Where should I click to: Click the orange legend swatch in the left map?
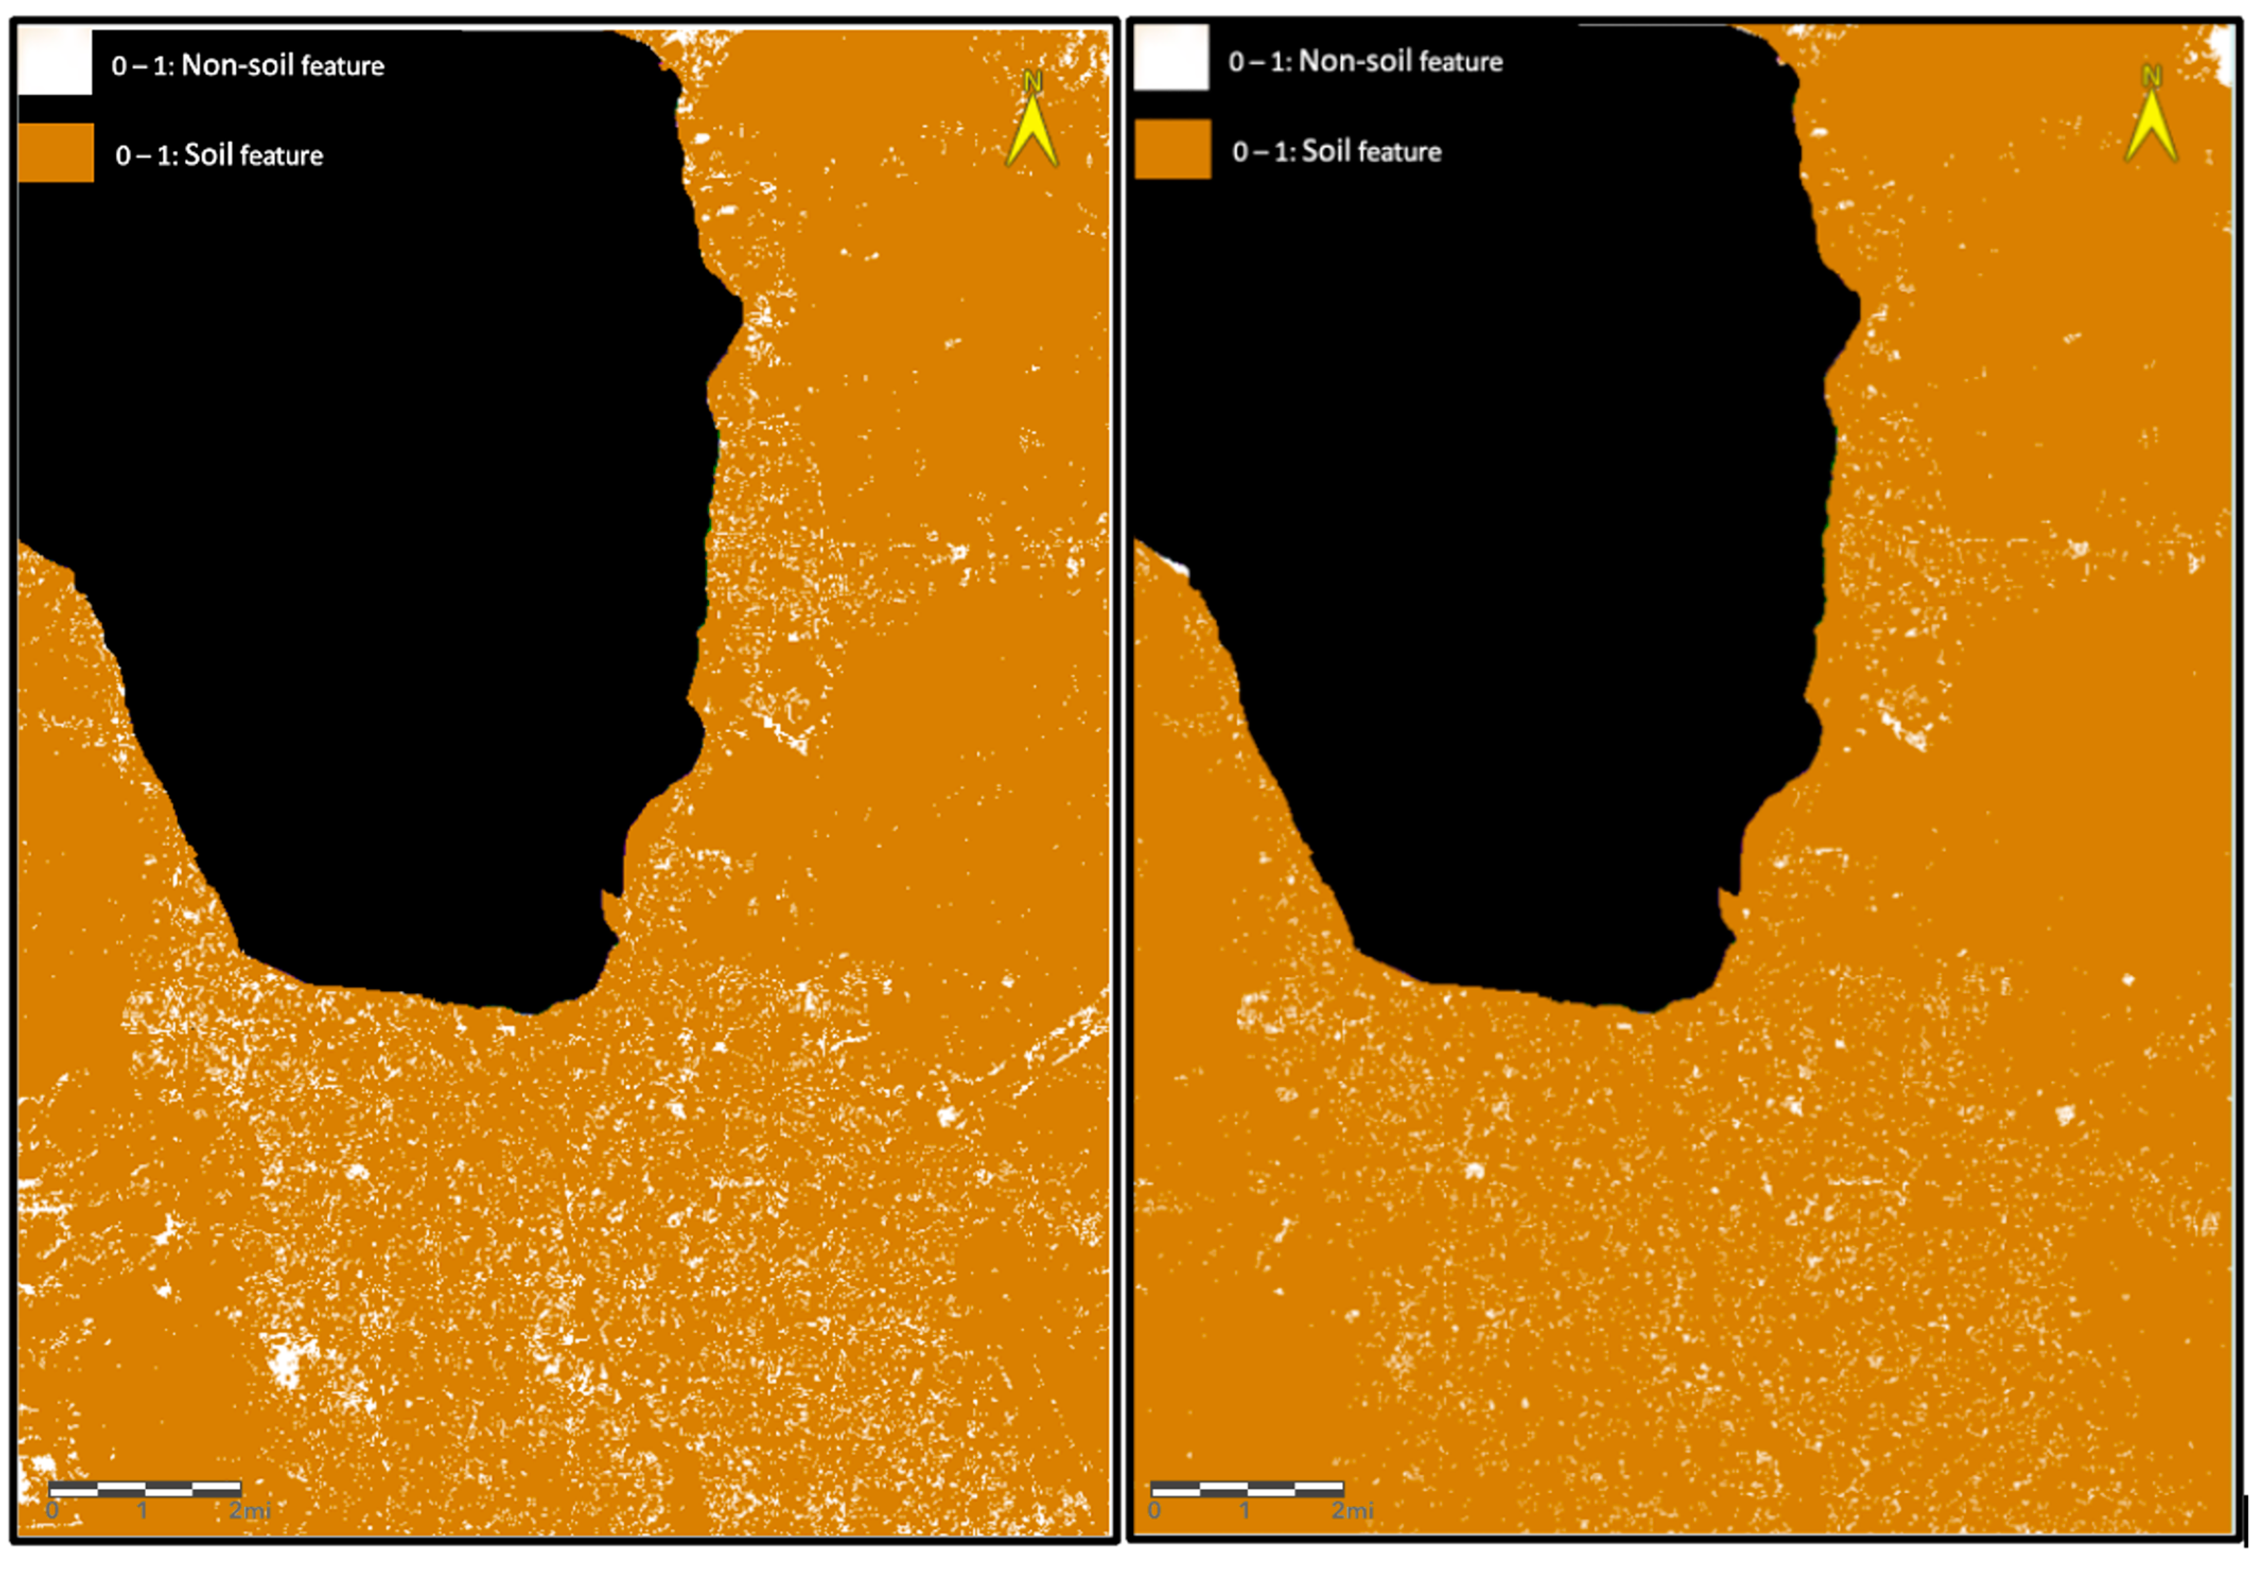pos(56,153)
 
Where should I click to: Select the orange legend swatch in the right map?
pos(1172,150)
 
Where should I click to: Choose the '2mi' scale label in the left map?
pos(250,1510)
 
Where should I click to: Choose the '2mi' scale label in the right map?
pos(1353,1510)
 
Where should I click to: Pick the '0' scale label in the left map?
pos(52,1510)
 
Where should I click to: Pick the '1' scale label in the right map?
pos(1244,1510)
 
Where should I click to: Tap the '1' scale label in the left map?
pos(143,1510)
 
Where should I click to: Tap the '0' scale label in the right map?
pos(1154,1510)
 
